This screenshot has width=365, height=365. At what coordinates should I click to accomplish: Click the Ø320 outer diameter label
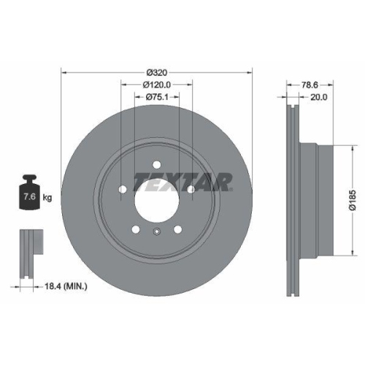point(156,72)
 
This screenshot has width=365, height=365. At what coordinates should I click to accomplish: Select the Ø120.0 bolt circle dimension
point(156,85)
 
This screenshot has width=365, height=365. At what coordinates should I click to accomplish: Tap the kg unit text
point(47,197)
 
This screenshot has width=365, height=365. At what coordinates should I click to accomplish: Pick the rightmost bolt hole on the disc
point(191,191)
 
